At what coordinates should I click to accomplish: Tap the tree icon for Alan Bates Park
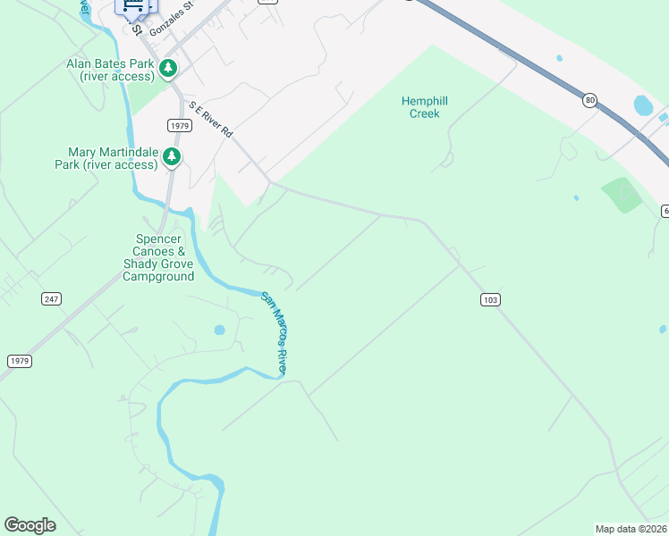click(168, 68)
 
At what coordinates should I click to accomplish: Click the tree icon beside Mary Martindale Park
click(172, 158)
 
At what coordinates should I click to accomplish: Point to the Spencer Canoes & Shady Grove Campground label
click(158, 258)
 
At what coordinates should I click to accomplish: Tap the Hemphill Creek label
click(425, 107)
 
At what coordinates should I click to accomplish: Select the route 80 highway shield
click(589, 100)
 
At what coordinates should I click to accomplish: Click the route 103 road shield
click(488, 299)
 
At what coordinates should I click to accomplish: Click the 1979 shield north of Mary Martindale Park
click(178, 125)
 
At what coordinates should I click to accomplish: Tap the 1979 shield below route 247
click(19, 360)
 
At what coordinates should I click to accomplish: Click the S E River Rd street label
click(211, 119)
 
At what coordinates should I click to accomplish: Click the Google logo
click(30, 525)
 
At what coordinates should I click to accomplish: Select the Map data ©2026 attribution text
click(631, 529)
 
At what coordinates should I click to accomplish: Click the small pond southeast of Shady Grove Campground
click(220, 330)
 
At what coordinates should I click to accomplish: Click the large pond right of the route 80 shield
click(643, 105)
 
